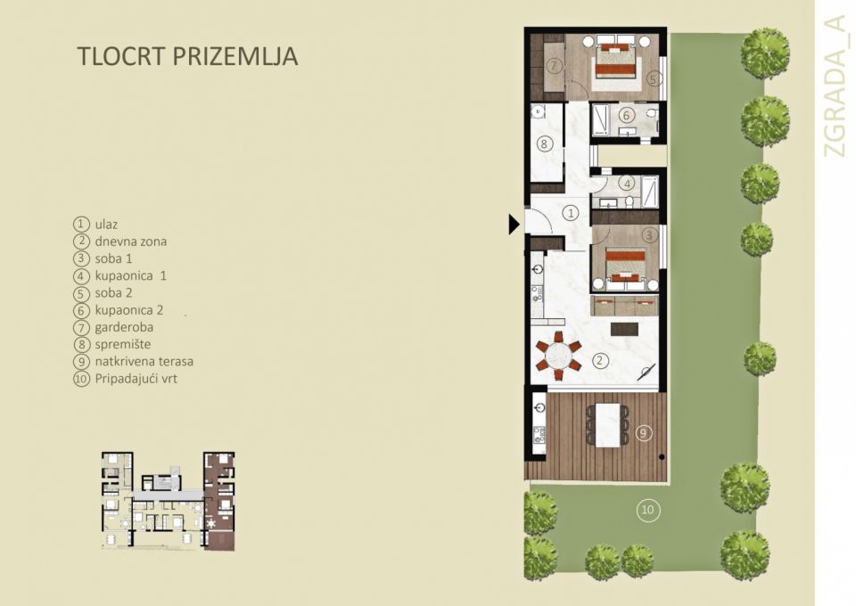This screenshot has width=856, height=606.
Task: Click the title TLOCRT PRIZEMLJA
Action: [x=187, y=56]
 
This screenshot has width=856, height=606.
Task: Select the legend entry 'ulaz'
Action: [x=106, y=224]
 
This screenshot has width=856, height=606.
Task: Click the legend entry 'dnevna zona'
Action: [x=130, y=241]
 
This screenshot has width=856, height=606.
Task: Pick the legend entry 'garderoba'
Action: [x=124, y=327]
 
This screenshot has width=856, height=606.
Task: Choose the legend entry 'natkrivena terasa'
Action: [x=144, y=362]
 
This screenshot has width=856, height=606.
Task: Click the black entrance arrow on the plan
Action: [x=514, y=225]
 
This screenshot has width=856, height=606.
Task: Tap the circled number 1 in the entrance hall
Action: [x=572, y=213]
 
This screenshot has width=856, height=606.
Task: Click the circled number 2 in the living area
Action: [x=601, y=361]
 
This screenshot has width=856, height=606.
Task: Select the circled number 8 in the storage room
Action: [x=546, y=143]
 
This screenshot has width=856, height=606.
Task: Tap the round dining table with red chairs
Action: [x=557, y=356]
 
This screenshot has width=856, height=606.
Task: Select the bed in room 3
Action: [x=624, y=264]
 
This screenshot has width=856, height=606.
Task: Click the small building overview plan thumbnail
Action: [x=167, y=501]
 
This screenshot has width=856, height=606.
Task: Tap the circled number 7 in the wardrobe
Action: [x=554, y=66]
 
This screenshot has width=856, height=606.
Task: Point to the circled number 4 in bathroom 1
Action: [x=627, y=184]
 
